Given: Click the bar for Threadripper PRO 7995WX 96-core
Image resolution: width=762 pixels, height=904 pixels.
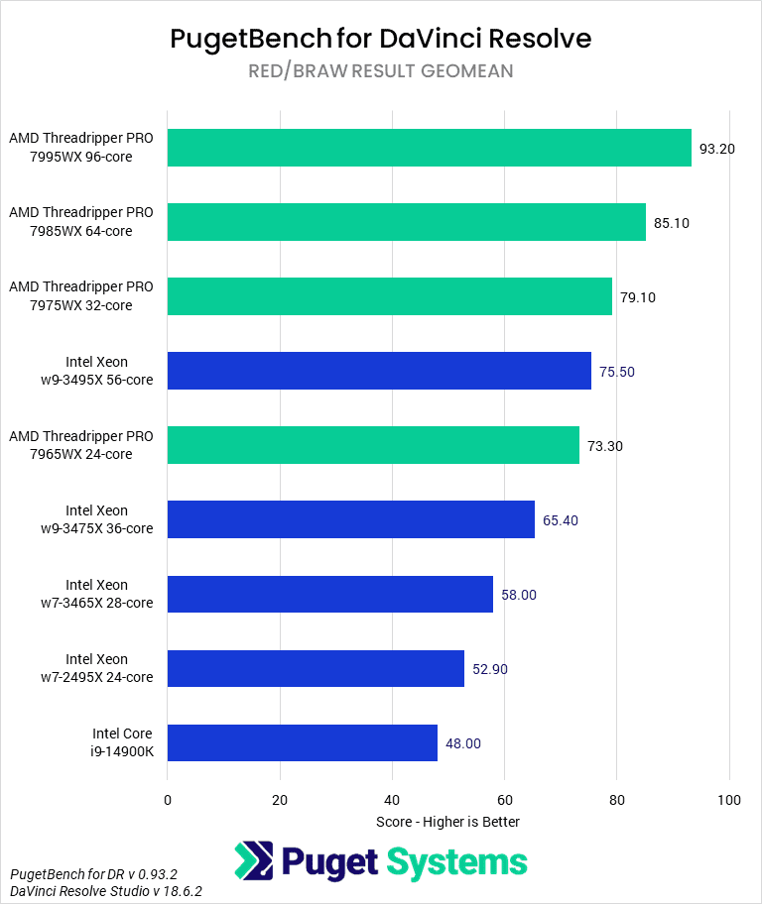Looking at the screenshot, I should [429, 148].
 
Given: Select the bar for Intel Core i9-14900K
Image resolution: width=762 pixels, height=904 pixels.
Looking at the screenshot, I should [302, 742].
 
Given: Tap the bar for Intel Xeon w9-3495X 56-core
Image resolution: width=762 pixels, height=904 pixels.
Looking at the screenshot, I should [379, 371].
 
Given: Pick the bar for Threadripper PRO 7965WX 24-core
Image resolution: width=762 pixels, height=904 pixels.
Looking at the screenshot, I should [373, 445].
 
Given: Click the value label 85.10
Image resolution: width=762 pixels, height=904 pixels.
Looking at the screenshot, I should [671, 223].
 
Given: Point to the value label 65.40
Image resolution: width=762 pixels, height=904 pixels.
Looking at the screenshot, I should [561, 520].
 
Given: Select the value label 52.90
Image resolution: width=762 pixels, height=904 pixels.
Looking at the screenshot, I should [490, 669].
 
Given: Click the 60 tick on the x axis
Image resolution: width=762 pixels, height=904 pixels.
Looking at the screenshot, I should [504, 800].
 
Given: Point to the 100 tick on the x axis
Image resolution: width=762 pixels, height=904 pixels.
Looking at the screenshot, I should [729, 800].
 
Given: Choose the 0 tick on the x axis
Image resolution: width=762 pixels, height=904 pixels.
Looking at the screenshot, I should [168, 800].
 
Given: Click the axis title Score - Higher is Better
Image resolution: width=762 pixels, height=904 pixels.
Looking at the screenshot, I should [447, 822].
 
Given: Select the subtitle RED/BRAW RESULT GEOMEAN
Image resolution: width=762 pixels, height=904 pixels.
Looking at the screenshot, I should [381, 71].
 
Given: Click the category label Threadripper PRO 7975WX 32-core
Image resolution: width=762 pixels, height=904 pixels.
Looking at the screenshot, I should [81, 296].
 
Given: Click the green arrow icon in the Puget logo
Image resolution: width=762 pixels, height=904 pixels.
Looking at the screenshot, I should [253, 861].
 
